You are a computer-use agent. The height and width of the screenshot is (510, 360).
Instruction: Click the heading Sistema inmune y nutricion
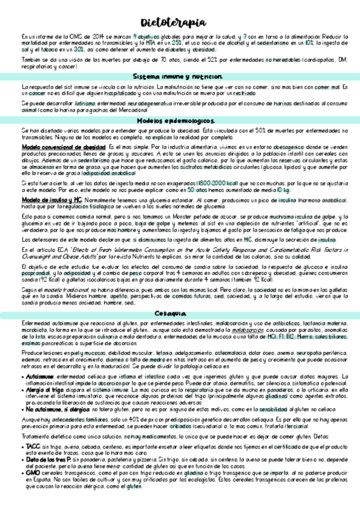coord(180,77)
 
